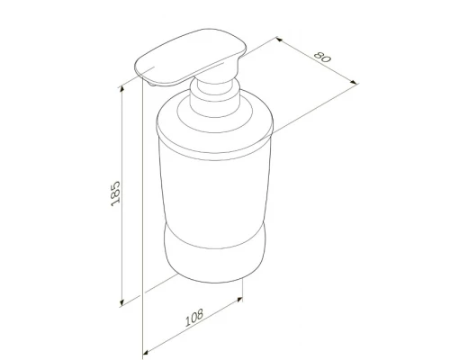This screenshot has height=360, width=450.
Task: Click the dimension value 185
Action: pos(115,193)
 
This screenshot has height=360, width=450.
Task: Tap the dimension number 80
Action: pos(322,57)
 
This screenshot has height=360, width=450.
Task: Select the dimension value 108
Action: pos(193,318)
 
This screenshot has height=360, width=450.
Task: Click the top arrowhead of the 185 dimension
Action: pos(121,88)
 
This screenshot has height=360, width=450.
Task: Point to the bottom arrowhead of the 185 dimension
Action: pos(121,302)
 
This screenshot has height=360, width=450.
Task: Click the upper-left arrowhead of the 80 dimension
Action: pos(279,40)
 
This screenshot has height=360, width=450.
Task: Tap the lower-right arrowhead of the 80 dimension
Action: pos(354,82)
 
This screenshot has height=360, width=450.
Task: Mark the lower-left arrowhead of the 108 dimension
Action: pos(146,352)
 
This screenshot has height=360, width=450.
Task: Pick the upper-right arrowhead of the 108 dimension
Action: pos(239,299)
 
